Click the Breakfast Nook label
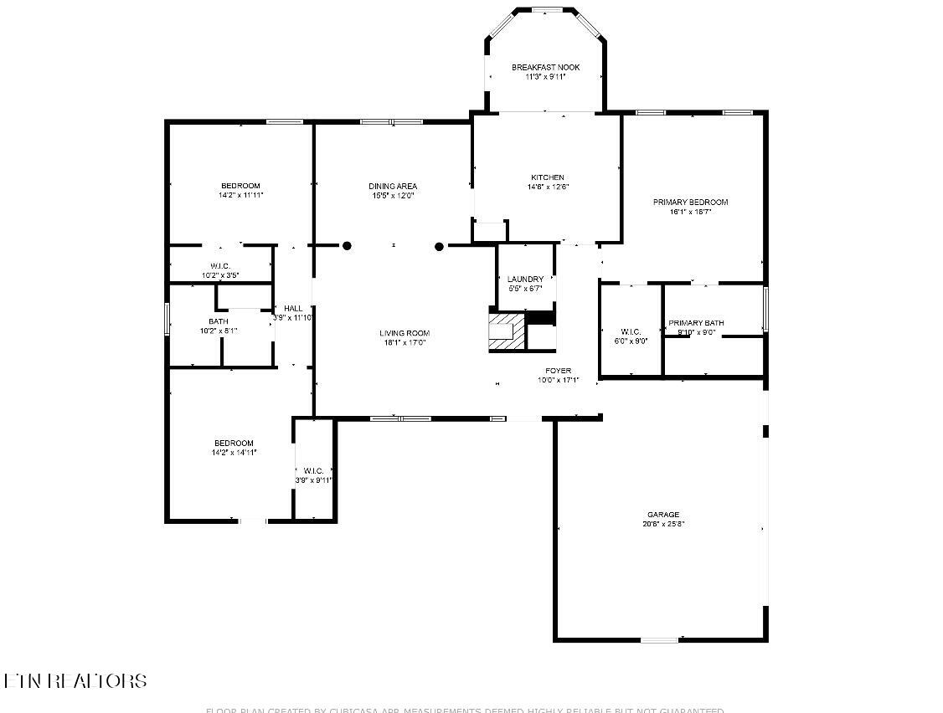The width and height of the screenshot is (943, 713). pyautogui.click(x=545, y=67)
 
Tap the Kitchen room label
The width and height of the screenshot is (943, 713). pyautogui.click(x=547, y=177)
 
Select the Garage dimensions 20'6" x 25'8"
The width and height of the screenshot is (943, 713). pyautogui.click(x=662, y=525)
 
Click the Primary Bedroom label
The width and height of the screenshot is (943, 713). pyautogui.click(x=690, y=202)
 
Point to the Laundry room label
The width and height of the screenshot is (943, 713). pyautogui.click(x=525, y=279)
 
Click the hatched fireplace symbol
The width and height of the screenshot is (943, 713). pyautogui.click(x=505, y=331)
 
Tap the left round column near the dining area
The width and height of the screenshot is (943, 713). pyautogui.click(x=347, y=246)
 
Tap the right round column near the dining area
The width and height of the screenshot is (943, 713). pyautogui.click(x=439, y=246)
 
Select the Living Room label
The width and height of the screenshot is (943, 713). pyautogui.click(x=405, y=333)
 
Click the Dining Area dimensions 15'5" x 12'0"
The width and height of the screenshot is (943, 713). pyautogui.click(x=393, y=196)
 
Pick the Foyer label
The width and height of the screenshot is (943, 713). pyautogui.click(x=559, y=370)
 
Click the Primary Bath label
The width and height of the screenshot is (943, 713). pyautogui.click(x=696, y=323)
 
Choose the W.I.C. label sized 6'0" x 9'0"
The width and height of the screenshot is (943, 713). pyautogui.click(x=631, y=331)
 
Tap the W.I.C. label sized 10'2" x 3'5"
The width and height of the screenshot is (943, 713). pyautogui.click(x=220, y=266)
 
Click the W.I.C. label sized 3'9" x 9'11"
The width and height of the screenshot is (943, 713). pyautogui.click(x=314, y=470)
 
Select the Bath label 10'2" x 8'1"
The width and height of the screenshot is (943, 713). pyautogui.click(x=218, y=321)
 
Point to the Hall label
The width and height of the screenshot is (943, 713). pyautogui.click(x=293, y=309)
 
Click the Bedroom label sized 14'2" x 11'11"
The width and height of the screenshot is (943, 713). pyautogui.click(x=240, y=186)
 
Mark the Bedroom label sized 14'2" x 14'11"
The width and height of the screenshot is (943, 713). pyautogui.click(x=234, y=443)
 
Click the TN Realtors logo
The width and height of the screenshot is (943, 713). pyautogui.click(x=75, y=681)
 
